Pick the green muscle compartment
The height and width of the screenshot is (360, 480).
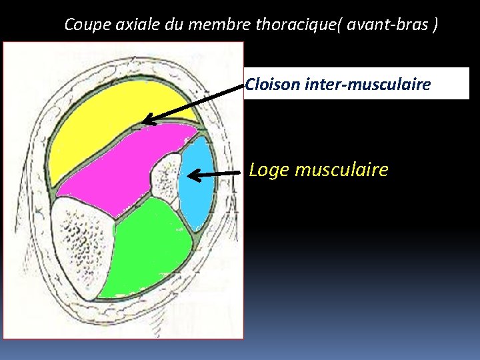tap(147, 247)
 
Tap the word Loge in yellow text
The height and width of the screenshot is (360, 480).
tap(269, 170)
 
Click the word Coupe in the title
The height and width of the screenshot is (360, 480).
tap(84, 25)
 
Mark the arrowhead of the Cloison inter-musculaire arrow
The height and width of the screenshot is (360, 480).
tap(148, 121)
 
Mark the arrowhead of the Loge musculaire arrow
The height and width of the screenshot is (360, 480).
tap(193, 175)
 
